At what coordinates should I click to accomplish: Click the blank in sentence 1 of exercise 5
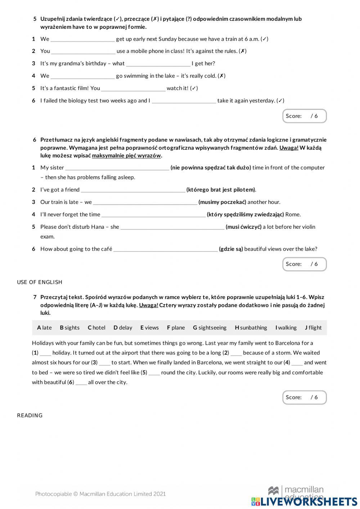[82, 39]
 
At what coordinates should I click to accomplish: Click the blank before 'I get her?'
[158, 64]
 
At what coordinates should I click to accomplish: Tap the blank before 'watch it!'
[133, 88]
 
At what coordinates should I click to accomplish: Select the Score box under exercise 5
[304, 116]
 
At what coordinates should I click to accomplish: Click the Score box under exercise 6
[304, 264]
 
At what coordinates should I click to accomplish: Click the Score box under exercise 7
[304, 397]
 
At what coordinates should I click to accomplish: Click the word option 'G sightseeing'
[210, 328]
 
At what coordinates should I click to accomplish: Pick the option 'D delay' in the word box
[123, 328]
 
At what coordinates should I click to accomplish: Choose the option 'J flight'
[313, 328]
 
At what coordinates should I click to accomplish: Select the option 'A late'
[44, 328]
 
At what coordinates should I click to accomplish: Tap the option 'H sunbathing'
[251, 328]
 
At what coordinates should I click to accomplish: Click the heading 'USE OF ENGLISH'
[40, 282]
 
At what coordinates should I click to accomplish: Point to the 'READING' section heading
[30, 415]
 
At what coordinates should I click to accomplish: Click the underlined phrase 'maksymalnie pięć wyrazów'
[126, 156]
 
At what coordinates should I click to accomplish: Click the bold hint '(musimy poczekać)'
[222, 202]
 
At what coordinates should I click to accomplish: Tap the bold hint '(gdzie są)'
[231, 249]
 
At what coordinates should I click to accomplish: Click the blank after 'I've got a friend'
[133, 190]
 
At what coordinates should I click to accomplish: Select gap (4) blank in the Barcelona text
[297, 363]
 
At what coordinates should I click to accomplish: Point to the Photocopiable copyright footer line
[100, 494]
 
